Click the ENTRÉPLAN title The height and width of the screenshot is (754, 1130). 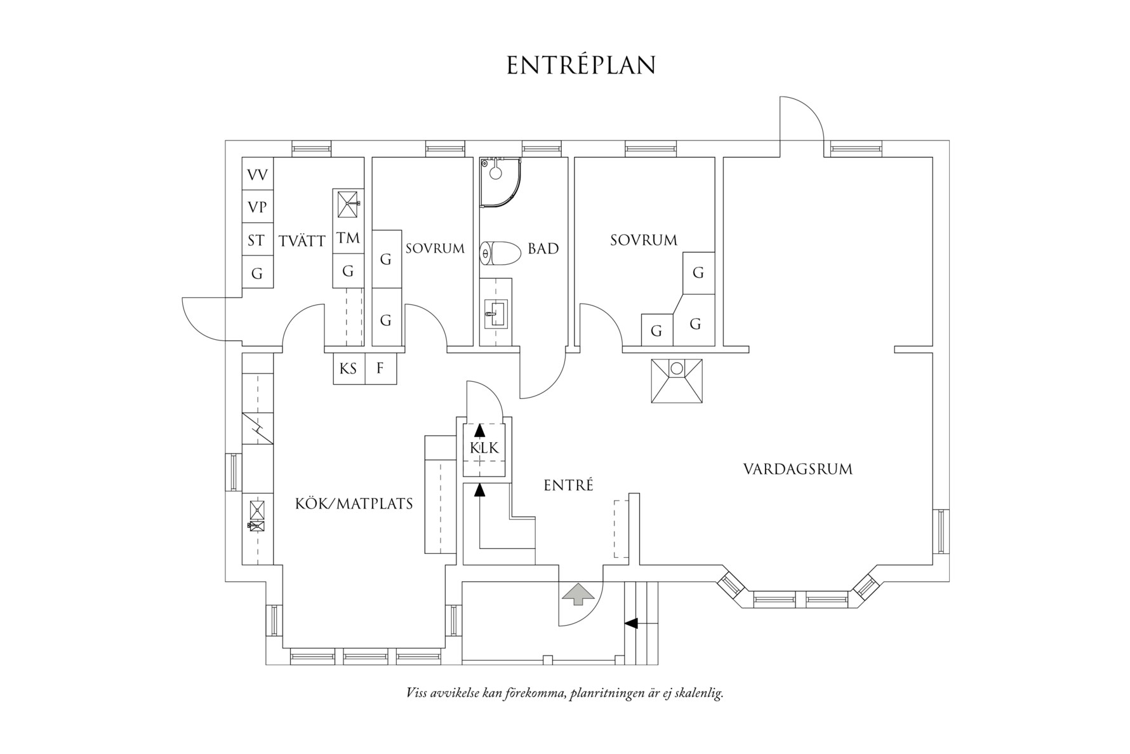click(x=581, y=65)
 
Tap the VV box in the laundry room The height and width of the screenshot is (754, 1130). click(x=258, y=174)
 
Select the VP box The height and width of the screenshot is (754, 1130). click(x=258, y=207)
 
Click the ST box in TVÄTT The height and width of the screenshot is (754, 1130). click(x=258, y=240)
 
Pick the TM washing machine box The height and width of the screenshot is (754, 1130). click(x=349, y=238)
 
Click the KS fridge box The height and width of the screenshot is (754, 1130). click(x=349, y=368)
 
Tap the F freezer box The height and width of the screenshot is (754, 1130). click(x=381, y=368)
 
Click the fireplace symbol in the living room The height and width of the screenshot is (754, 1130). click(x=677, y=381)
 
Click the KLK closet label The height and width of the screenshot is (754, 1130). click(x=484, y=448)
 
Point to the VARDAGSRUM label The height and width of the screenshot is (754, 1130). click(x=798, y=469)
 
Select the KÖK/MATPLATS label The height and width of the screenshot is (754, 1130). click(x=354, y=504)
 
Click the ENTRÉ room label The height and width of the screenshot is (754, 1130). click(x=568, y=485)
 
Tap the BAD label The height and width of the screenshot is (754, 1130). click(x=543, y=248)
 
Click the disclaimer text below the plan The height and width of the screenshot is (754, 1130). click(x=564, y=693)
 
